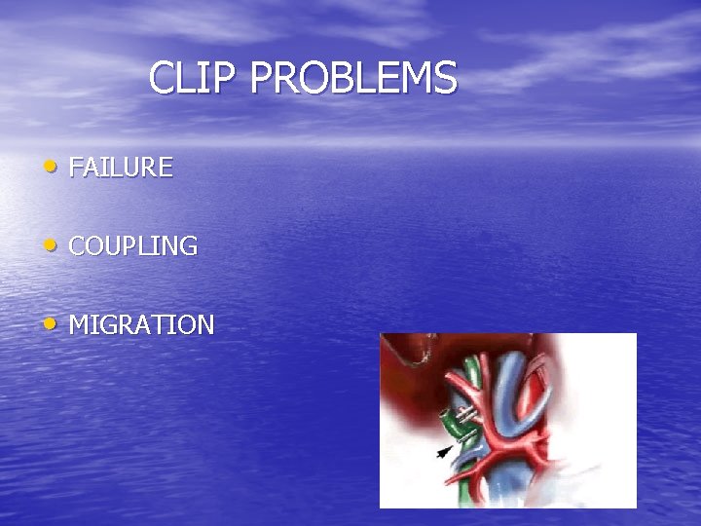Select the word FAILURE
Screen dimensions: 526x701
(121, 168)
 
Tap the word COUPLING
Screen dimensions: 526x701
(133, 246)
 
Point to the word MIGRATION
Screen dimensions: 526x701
(142, 325)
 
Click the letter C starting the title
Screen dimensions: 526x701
(163, 78)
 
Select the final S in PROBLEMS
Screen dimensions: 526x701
(446, 78)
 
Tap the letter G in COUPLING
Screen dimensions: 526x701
(188, 246)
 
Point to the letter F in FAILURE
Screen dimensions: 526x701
(76, 168)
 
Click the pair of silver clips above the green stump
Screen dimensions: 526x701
(468, 416)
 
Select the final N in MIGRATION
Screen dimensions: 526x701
(204, 325)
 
